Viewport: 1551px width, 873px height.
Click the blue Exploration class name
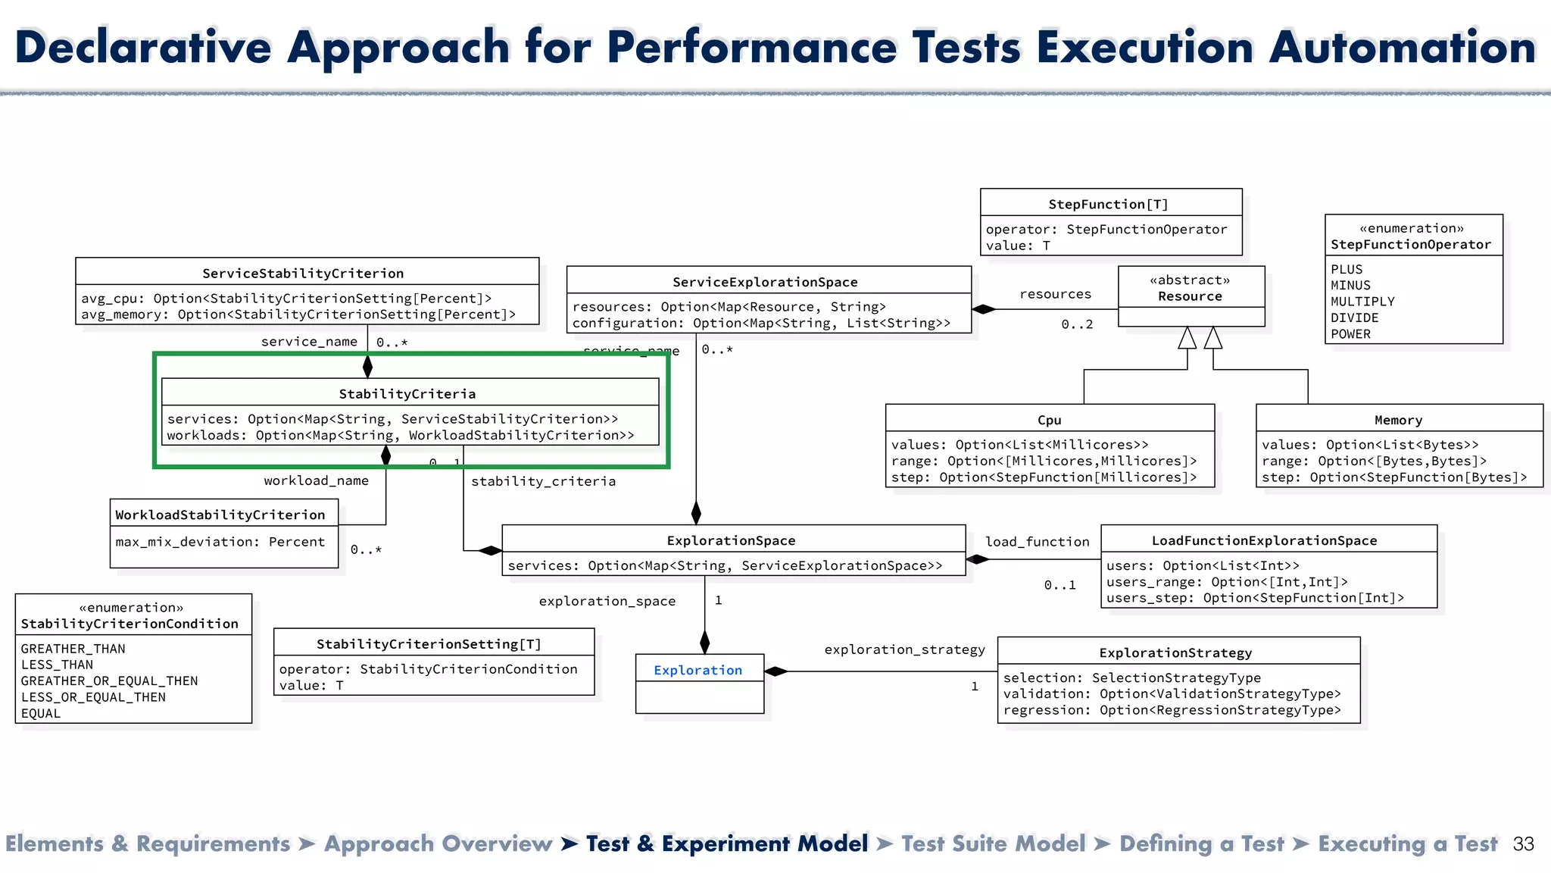click(697, 670)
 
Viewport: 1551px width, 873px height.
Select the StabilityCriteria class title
click(407, 393)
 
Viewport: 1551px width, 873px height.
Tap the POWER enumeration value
click(1350, 334)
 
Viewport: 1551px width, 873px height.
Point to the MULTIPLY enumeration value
click(1362, 302)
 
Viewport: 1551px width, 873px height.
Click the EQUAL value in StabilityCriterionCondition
click(41, 713)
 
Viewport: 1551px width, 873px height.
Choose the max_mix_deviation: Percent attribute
click(220, 542)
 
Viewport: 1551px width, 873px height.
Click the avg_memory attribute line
click(298, 314)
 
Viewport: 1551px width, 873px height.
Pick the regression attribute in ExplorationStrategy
click(1172, 710)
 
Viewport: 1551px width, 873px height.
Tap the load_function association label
click(1037, 542)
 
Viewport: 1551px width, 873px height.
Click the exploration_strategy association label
click(904, 649)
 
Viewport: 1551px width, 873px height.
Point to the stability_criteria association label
click(543, 481)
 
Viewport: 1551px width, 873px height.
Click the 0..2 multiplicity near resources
click(1077, 324)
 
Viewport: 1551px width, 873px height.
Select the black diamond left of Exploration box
click(776, 671)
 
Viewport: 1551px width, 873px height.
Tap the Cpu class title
click(1049, 420)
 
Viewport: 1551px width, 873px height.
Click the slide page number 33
click(1523, 844)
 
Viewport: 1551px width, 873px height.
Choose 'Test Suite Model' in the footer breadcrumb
click(993, 844)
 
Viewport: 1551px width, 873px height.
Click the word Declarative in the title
click(143, 47)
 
